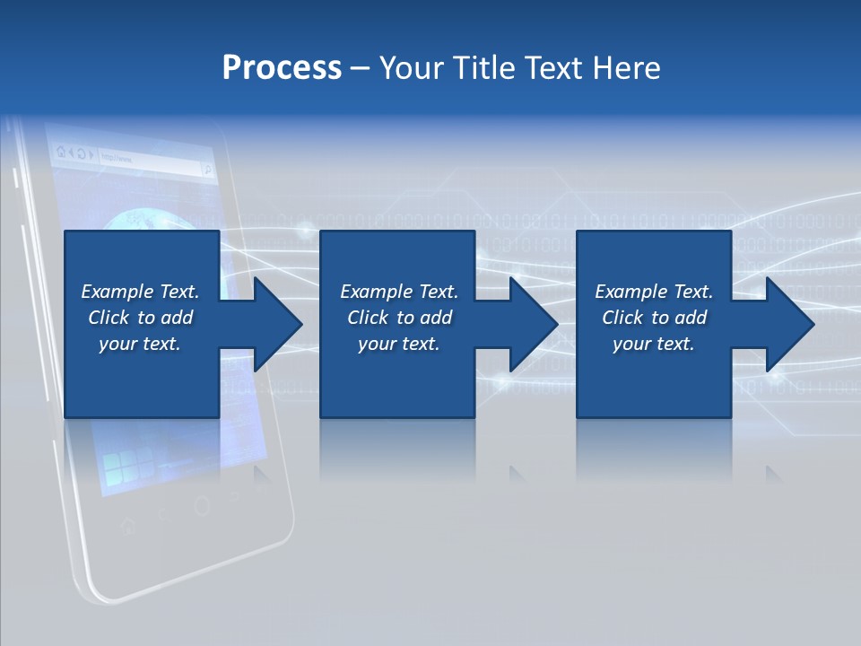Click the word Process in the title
coord(282,67)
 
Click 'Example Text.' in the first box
coord(140,292)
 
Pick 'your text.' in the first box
coord(140,344)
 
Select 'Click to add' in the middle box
coord(399,318)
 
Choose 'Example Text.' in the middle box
coord(399,292)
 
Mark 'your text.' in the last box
coord(654,344)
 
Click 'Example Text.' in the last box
coord(654,292)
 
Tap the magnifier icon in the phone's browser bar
coord(207,168)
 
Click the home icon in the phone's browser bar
coord(60,152)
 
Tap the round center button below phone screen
coord(202,505)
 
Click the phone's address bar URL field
coord(148,161)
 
